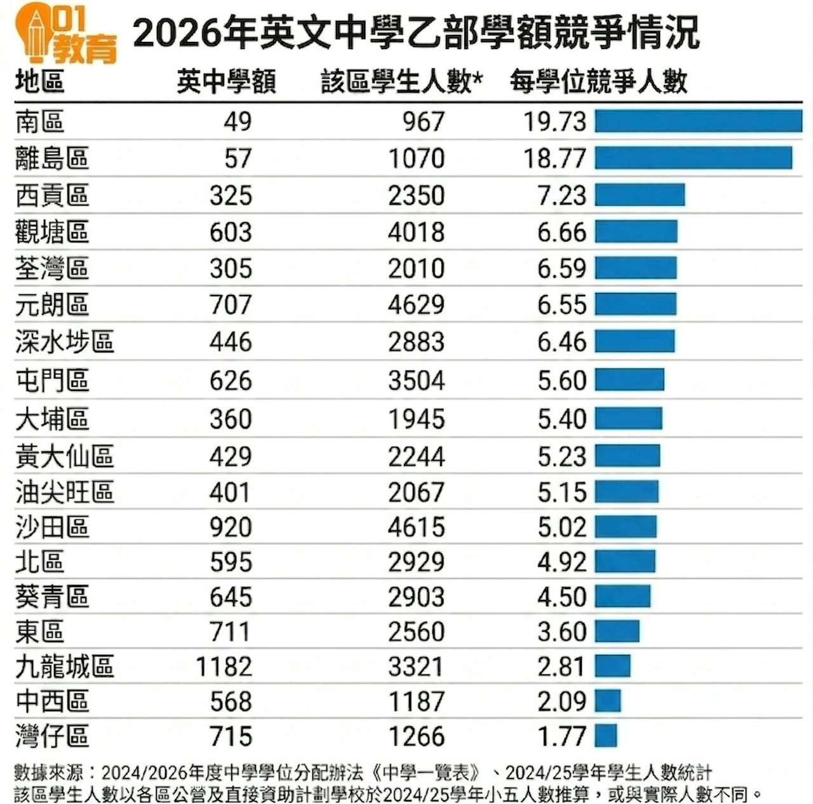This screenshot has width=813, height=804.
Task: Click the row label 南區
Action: pyautogui.click(x=40, y=121)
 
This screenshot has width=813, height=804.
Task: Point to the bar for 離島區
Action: pyautogui.click(x=693, y=158)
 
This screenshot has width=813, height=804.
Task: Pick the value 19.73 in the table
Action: pyautogui.click(x=554, y=121)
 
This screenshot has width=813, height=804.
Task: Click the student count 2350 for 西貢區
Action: pyautogui.click(x=416, y=195)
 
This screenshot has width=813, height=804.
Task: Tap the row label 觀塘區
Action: pyautogui.click(x=52, y=232)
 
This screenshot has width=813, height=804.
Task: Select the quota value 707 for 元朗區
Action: pyautogui.click(x=231, y=304)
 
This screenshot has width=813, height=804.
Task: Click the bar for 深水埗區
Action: pyautogui.click(x=635, y=341)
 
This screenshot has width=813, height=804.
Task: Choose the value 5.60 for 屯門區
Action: pyautogui.click(x=561, y=380)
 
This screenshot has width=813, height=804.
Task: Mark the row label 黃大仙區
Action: pyautogui.click(x=65, y=456)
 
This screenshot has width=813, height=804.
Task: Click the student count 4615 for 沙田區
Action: pyautogui.click(x=416, y=528)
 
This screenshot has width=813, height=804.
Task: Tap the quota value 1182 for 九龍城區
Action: pyautogui.click(x=224, y=667)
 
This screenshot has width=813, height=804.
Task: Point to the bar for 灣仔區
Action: pyautogui.click(x=606, y=735)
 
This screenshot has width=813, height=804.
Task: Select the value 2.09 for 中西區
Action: pyautogui.click(x=561, y=701)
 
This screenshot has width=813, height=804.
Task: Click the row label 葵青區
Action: pyautogui.click(x=52, y=597)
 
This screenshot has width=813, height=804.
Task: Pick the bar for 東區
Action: pyautogui.click(x=617, y=631)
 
